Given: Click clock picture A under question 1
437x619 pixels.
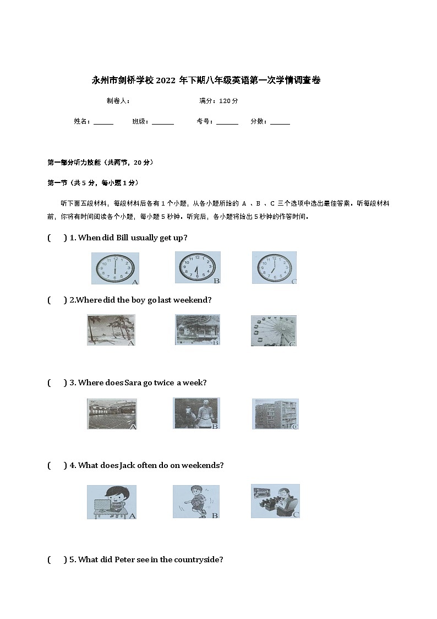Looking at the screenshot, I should pos(115,268).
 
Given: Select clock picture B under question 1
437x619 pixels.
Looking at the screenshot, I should pos(198,268).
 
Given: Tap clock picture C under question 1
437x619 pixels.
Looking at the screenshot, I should pos(274,268).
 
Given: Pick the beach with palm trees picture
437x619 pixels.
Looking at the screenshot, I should pos(111,330).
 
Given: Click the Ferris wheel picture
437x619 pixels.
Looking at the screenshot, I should pos(274,331).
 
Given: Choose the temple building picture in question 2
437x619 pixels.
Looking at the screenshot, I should pos(197,330).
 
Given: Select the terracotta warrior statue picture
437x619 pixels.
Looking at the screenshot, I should pos(196,413).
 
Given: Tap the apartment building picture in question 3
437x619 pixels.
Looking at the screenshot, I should pos(275,414).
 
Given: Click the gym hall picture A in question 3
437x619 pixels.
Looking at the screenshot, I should pos(112,414).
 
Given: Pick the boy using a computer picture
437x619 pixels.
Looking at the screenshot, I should pos(112,502).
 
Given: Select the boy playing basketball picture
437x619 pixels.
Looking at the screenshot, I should pos(196,502).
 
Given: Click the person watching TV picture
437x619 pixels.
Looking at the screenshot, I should pos(275,501).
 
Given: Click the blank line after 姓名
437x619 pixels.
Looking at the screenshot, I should pos(103,122).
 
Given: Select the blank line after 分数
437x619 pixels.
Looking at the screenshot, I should pos(280,122).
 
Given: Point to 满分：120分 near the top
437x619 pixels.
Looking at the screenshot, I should pos(218,101).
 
